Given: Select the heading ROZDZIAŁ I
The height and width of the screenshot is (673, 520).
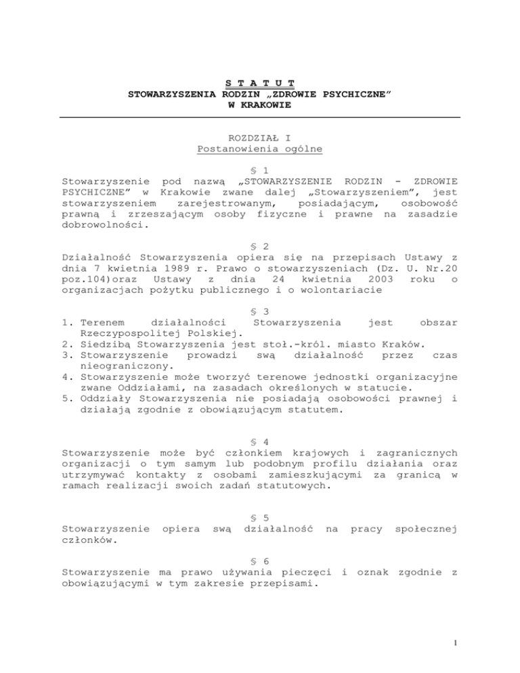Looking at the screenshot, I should tap(260, 137).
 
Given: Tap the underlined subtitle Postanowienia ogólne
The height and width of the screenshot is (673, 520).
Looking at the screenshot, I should tap(260, 148).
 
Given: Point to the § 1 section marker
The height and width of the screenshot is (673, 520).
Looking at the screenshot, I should tap(260, 172).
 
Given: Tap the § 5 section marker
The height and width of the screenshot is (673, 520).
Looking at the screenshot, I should tap(260, 499).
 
